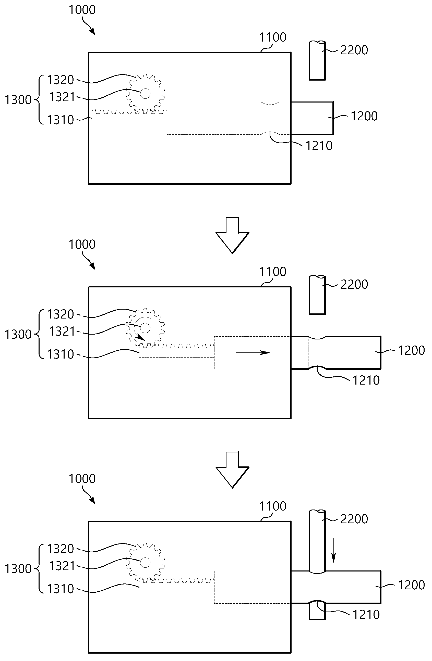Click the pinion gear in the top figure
(x=145, y=93)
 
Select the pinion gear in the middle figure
(x=145, y=328)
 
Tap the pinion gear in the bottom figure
(x=145, y=562)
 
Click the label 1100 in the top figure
(x=273, y=37)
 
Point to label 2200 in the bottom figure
(x=354, y=519)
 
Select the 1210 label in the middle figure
(x=366, y=380)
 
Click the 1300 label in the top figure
(x=18, y=100)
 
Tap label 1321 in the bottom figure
(x=62, y=566)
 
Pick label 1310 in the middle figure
(x=60, y=354)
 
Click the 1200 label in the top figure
(x=364, y=116)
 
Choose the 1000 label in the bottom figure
(x=82, y=478)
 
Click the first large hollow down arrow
(x=232, y=235)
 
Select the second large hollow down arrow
(x=232, y=470)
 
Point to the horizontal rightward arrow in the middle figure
(x=253, y=352)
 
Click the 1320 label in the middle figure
(x=60, y=314)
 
